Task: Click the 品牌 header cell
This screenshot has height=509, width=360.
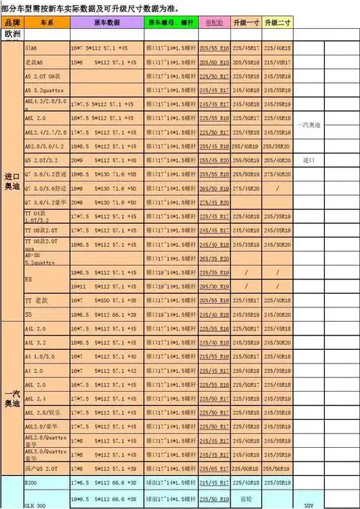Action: click(x=12, y=23)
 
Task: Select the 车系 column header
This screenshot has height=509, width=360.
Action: click(x=47, y=23)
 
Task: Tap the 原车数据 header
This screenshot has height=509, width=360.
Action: click(x=107, y=23)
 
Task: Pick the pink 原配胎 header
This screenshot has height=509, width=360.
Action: click(x=214, y=23)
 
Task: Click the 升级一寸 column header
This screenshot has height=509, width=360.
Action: click(x=246, y=23)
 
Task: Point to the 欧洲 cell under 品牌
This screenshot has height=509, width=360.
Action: click(x=12, y=34)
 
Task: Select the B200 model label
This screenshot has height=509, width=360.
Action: click(x=33, y=482)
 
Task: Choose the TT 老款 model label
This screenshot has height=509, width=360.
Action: click(x=35, y=299)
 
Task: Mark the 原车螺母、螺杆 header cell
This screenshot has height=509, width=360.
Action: click(x=170, y=23)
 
